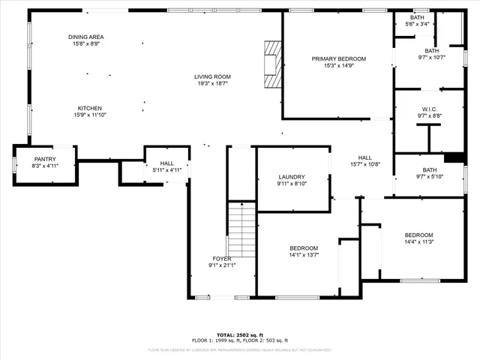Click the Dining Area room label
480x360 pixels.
[86, 37]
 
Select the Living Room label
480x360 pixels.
[212, 76]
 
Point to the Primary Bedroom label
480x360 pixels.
[339, 58]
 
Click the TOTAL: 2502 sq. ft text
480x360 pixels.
[239, 334]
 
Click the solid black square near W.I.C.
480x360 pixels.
[454, 157]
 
